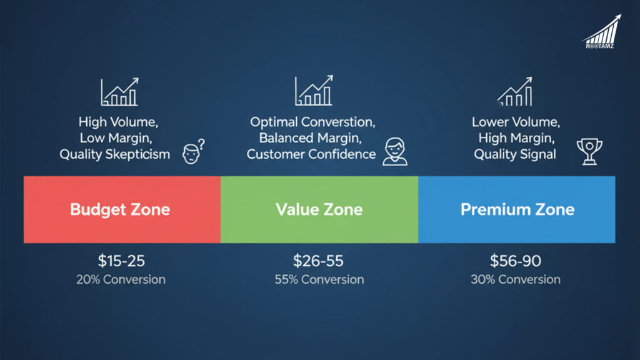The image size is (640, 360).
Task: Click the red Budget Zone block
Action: point(122,209)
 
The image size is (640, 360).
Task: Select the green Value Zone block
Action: point(319,209)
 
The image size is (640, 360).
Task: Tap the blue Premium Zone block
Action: point(517,209)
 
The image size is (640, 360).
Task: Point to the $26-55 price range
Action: point(319,261)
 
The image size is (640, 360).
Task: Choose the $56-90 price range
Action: point(516,261)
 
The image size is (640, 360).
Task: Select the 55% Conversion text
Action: point(319,279)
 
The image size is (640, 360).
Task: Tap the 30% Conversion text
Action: point(516,279)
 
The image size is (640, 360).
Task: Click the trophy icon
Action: point(589,152)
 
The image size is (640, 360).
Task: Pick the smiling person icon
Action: point(394,152)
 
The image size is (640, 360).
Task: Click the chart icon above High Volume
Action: point(119,92)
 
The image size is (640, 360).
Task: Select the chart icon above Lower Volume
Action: point(515,92)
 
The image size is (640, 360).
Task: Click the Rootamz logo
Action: point(601,32)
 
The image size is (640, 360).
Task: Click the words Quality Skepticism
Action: point(114,154)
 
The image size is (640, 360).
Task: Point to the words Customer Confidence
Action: point(311,154)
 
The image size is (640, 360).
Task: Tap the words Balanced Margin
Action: point(311,137)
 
